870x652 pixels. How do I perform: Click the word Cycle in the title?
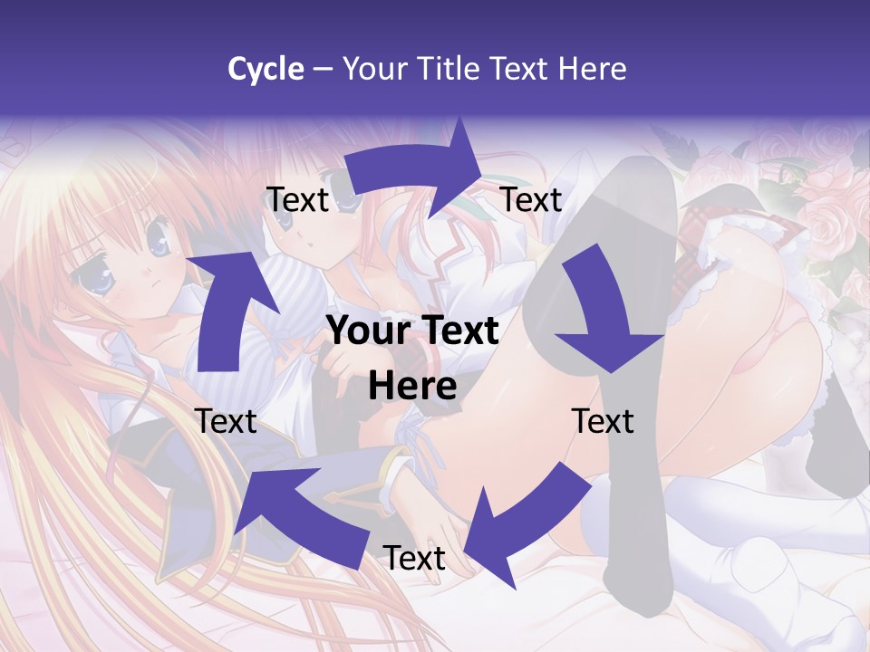click(266, 69)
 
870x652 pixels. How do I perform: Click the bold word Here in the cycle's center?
click(412, 387)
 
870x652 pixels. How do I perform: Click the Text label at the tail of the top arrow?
click(296, 200)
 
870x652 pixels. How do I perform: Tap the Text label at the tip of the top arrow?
click(531, 200)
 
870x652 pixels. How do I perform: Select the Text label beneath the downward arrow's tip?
click(603, 421)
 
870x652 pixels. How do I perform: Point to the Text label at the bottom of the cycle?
click(414, 558)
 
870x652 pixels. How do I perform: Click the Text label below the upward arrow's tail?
click(226, 421)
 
